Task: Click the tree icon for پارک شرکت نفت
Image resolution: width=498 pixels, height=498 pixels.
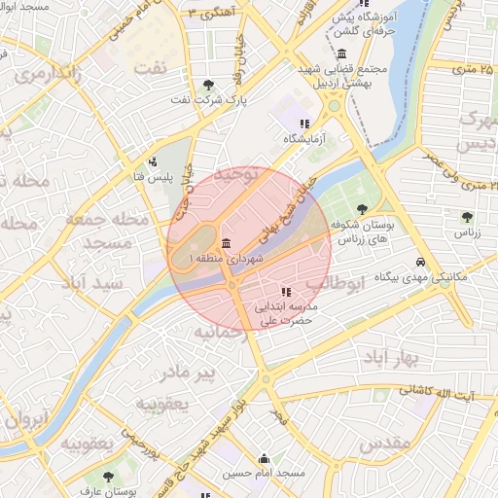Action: point(210,85)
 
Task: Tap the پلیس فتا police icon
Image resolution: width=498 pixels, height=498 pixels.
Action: point(153,162)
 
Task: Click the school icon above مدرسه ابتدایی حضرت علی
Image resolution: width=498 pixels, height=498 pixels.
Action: point(285,291)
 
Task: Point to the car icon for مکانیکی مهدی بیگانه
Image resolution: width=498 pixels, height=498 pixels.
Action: point(419,263)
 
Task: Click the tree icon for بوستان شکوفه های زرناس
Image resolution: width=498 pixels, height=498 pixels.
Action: point(362,208)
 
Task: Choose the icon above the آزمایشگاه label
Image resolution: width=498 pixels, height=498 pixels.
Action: point(304,124)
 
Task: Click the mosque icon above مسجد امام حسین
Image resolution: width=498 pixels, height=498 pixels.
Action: point(263,458)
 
